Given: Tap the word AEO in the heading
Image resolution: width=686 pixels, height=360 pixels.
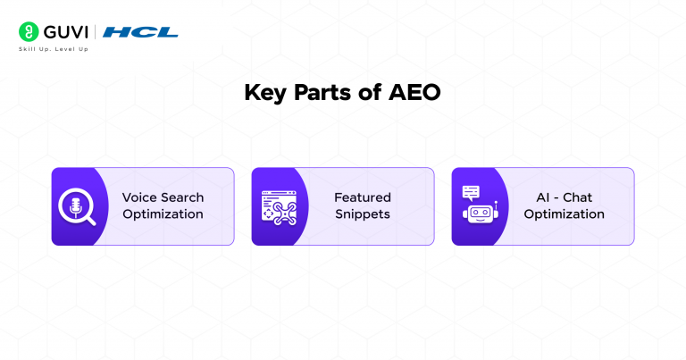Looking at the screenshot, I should [416, 94].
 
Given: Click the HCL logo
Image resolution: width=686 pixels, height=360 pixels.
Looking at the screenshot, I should [140, 32].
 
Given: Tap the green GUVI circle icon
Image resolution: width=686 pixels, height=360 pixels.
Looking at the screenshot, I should [29, 32].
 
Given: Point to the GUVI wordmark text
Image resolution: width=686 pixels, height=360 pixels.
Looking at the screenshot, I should [66, 32].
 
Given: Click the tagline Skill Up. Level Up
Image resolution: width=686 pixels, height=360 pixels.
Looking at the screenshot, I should [54, 48].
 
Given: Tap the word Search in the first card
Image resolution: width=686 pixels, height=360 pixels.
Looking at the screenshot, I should [182, 197].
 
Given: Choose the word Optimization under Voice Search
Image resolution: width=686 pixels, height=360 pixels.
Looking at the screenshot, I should [163, 214].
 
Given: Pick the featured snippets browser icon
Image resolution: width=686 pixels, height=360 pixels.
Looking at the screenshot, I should [278, 206].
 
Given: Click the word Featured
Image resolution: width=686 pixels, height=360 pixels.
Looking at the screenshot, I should [363, 197].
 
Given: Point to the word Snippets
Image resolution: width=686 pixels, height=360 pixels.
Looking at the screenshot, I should [363, 214].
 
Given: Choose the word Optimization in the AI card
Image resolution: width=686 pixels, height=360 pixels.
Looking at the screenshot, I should [564, 214].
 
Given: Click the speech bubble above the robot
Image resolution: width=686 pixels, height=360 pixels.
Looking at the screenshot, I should [471, 191].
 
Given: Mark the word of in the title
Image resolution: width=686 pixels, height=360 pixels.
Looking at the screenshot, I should [373, 94].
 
